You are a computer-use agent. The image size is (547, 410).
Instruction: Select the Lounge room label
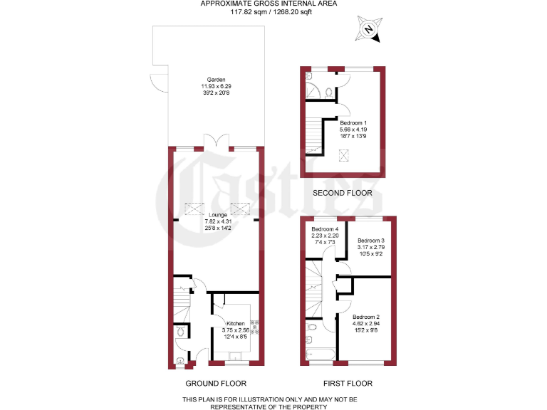(x=217, y=214)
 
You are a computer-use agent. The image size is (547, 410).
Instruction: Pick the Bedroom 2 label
(x=366, y=317)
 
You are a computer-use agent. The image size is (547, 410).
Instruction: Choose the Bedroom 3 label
(x=370, y=241)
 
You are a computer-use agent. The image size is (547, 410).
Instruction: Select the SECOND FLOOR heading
(x=343, y=193)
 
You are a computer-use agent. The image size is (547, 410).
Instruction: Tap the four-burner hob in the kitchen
(x=253, y=330)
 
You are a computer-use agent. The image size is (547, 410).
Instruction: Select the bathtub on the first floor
(x=321, y=352)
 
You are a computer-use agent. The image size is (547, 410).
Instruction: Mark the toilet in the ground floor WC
(x=180, y=332)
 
